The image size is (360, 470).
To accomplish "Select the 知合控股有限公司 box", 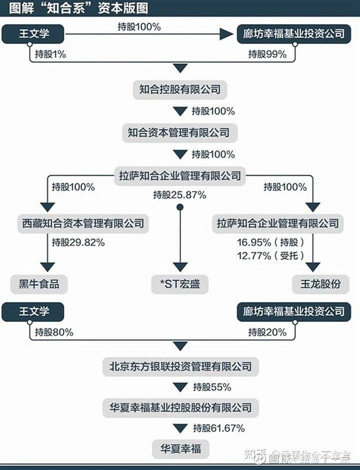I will point(180,90).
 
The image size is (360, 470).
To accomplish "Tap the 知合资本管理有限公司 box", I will point(179,132).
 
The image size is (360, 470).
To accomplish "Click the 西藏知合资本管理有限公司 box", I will point(83,222).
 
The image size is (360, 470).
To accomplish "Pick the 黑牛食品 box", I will point(38,284).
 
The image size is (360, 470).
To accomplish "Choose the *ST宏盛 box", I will point(180,284).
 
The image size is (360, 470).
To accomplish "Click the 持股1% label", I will point(50,54).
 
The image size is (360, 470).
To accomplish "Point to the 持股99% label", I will point(267,54).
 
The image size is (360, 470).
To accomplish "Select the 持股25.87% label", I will point(179,195).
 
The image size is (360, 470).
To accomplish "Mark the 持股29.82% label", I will point(78,243).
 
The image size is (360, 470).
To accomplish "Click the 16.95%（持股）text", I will point(270,243).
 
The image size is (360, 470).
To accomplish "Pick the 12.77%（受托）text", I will point(270,256).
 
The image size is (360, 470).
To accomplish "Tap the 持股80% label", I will point(54,332).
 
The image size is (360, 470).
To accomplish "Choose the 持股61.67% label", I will point(218,428).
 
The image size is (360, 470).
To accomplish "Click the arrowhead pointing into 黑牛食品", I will point(47,266).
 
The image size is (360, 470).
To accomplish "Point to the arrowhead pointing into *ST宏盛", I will point(180,266).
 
